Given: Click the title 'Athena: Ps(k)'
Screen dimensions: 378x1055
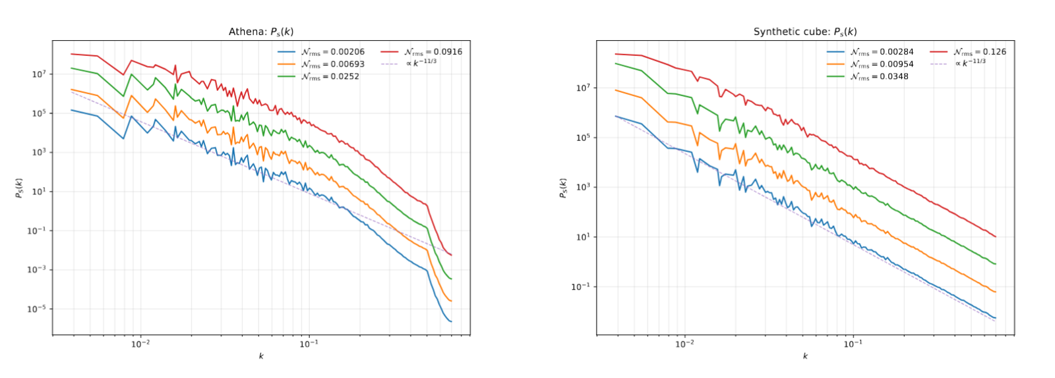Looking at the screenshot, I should coord(261,32).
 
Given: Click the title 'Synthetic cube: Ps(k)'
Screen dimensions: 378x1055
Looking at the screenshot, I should coord(805,32).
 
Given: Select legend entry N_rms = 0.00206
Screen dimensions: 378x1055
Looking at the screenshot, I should coord(332,52).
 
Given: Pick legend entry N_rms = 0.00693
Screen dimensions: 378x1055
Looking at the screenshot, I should coord(332,65).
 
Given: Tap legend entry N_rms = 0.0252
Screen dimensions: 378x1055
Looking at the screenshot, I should coord(330,76).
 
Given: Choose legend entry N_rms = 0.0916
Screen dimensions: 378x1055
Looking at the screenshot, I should coord(433,52).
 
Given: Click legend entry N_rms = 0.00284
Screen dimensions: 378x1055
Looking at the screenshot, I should coord(882,52).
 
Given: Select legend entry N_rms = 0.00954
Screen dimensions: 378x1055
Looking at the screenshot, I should coord(882,65).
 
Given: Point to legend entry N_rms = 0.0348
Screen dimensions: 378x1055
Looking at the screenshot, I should coord(879,76).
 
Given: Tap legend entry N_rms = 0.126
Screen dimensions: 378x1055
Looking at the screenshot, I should coord(980,52).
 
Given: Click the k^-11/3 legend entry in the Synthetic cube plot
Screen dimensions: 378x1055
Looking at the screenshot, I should coord(970,63).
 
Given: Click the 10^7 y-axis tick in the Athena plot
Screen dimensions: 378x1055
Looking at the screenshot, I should coord(39,74).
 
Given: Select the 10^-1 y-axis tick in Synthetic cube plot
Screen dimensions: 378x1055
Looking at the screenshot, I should coord(581,286).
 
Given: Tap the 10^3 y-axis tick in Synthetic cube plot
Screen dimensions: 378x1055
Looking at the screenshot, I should coord(583,187).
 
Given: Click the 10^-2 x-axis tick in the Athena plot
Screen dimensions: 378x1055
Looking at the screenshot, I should coord(140,344).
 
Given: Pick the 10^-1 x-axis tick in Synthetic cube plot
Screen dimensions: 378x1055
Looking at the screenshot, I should coord(853,344).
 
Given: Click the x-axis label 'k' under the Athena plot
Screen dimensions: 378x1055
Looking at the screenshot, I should coord(261,356).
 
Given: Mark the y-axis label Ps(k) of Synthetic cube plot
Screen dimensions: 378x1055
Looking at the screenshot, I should coord(562,188).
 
